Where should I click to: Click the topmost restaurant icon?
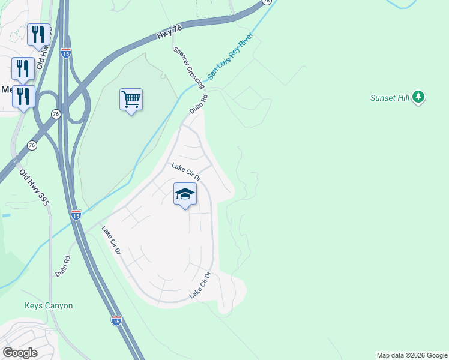38,34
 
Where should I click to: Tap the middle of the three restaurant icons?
23,68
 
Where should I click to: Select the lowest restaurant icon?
23,96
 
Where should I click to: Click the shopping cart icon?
131,99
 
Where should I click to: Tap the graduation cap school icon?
185,194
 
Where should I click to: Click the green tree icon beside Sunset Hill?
419,97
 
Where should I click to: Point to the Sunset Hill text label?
389,98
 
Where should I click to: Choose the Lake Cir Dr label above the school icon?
185,172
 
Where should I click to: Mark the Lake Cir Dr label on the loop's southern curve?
200,286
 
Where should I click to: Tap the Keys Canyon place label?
49,305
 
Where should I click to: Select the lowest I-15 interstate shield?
116,320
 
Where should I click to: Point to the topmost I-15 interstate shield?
66,53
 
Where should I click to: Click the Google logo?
20,353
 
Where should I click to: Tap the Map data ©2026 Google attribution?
412,355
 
